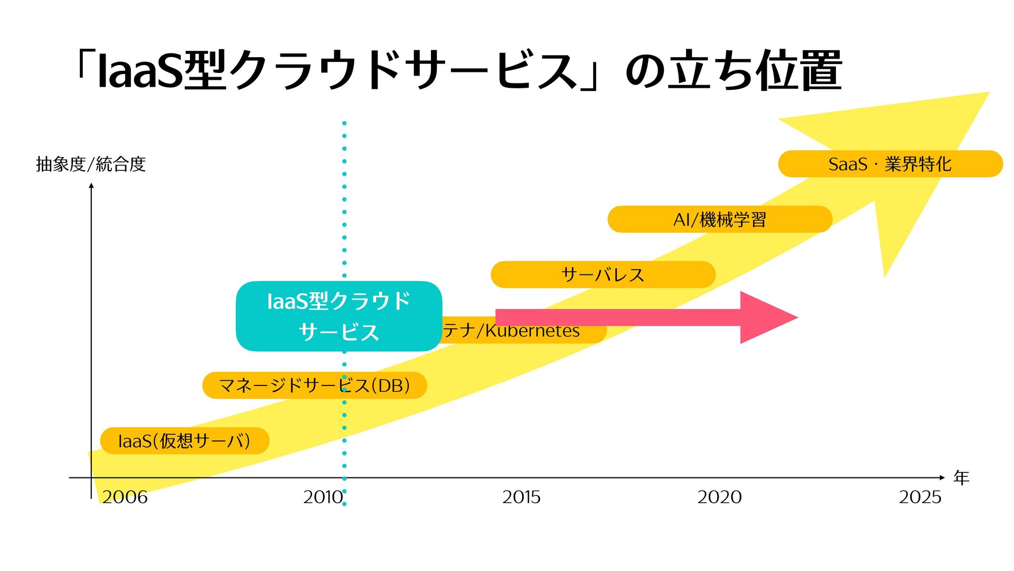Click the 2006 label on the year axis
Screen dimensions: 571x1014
[125, 497]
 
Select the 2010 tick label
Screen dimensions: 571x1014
[323, 497]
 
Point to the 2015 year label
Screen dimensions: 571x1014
[521, 497]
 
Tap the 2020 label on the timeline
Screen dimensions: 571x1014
[719, 497]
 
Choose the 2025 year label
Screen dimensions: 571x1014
[920, 497]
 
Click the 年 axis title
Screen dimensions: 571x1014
[961, 478]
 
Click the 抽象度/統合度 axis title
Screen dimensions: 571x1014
[91, 164]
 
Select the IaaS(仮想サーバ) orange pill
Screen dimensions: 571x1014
[184, 441]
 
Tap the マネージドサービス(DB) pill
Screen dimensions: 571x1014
[314, 385]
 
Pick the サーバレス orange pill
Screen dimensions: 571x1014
[603, 275]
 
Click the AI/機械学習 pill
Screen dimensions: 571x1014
[719, 219]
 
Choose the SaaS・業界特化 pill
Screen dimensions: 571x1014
[890, 164]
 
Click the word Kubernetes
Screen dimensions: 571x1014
[532, 331]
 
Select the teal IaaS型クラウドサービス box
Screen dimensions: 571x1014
[339, 316]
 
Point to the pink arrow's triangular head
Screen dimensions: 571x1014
[766, 317]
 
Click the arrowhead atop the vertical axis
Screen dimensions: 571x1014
[91, 186]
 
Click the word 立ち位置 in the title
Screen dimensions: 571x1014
[755, 71]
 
